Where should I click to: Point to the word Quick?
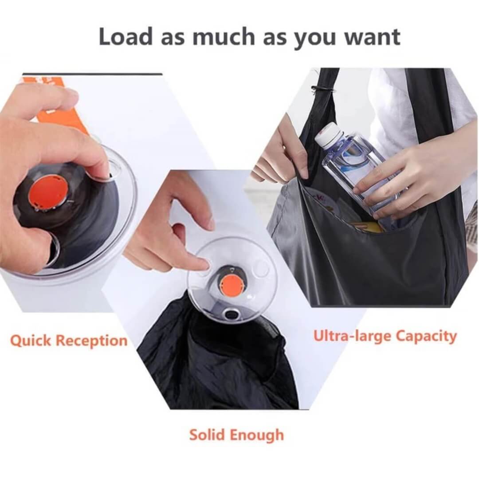coord(31,341)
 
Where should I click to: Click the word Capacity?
coord(426,336)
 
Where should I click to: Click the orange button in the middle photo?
coord(232,284)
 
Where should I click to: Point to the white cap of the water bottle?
coord(329,133)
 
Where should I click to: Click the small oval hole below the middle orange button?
coord(232,314)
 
